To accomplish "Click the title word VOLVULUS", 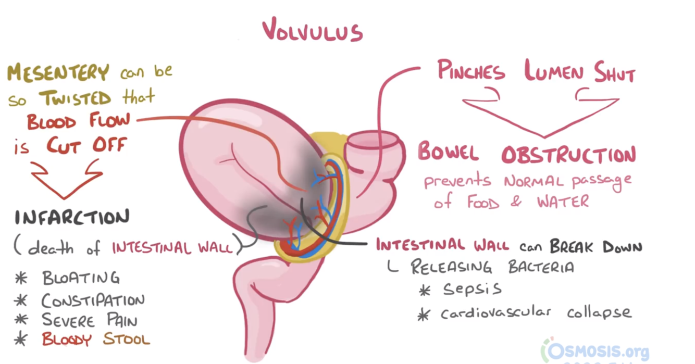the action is click(x=313, y=30).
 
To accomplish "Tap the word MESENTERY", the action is click(x=58, y=73).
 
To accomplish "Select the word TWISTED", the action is click(x=75, y=98).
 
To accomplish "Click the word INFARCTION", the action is click(x=72, y=218).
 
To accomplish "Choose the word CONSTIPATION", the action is click(x=93, y=300).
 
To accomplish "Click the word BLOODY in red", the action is click(x=67, y=340).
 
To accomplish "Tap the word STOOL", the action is click(x=127, y=340).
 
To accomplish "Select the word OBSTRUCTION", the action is click(x=568, y=154).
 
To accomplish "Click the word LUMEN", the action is click(x=554, y=72).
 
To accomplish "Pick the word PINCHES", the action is click(x=471, y=71).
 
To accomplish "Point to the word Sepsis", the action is click(x=473, y=288).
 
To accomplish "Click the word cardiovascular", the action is click(x=495, y=313).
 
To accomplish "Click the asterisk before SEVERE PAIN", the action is click(x=21, y=320).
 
